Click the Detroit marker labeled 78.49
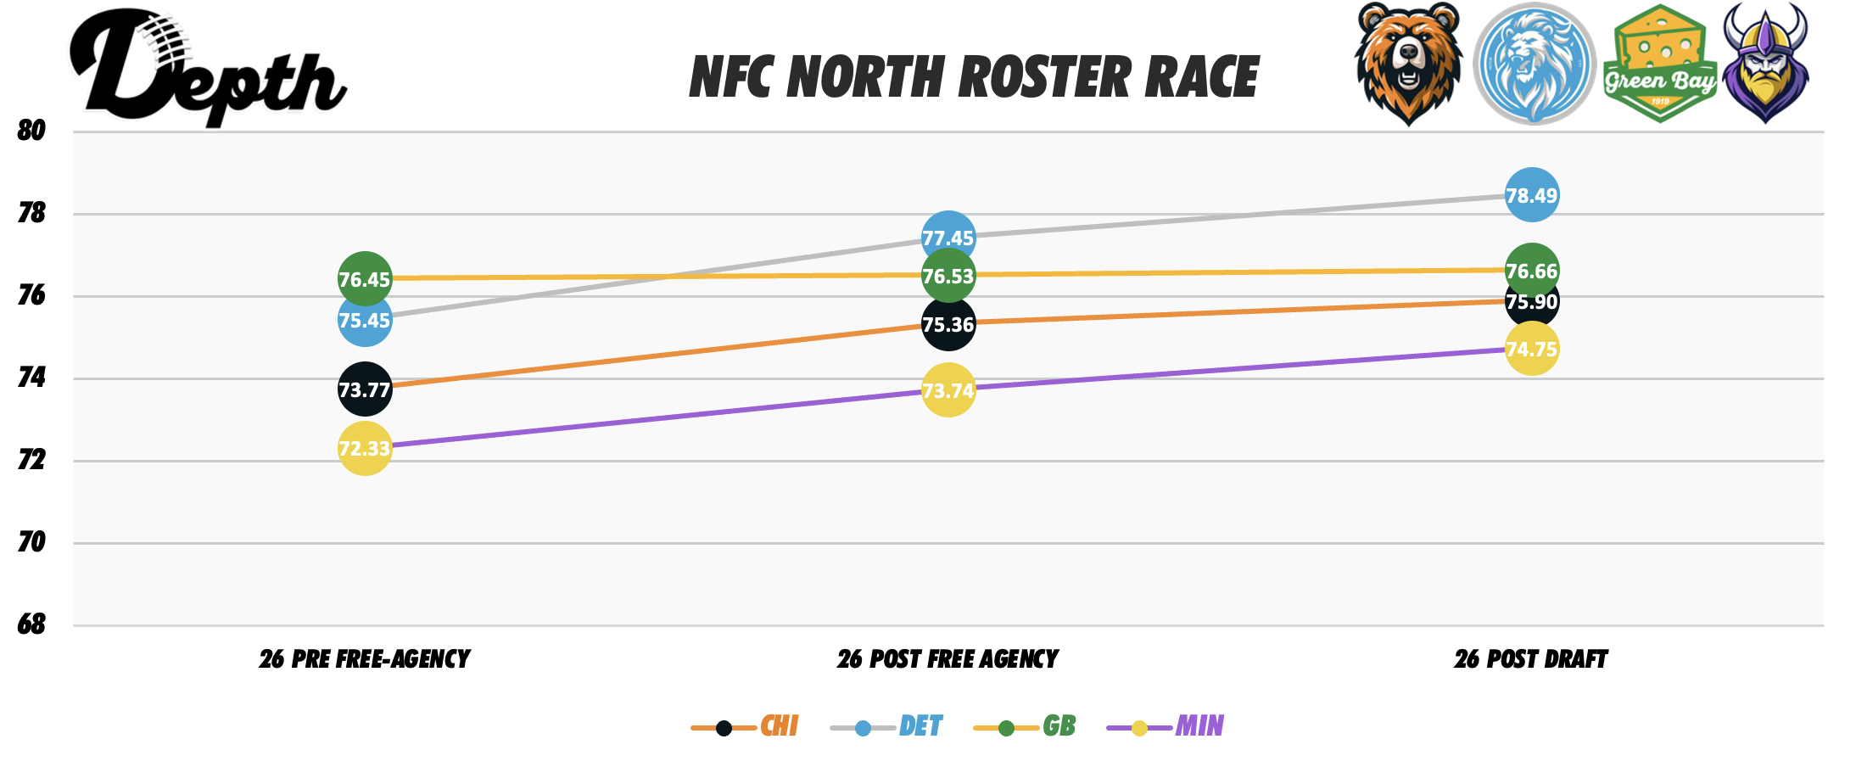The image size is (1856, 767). (x=1531, y=195)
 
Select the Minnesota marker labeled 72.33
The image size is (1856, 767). (x=365, y=448)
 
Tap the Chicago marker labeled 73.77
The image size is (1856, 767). (x=365, y=389)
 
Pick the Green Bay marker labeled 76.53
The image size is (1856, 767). (x=948, y=276)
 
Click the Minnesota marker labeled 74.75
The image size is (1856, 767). (x=1531, y=350)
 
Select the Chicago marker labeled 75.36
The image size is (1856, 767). (x=948, y=325)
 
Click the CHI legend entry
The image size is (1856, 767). (x=746, y=726)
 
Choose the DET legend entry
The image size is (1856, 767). (x=887, y=726)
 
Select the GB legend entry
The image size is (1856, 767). (x=1026, y=726)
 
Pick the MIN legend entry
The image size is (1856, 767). (x=1166, y=726)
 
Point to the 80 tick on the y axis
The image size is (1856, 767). (x=31, y=131)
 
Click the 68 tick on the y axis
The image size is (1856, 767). (x=31, y=624)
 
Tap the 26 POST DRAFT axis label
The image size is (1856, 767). (x=1530, y=659)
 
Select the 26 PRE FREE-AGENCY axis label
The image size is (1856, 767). (x=365, y=659)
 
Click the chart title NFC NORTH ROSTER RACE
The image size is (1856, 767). (x=974, y=77)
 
